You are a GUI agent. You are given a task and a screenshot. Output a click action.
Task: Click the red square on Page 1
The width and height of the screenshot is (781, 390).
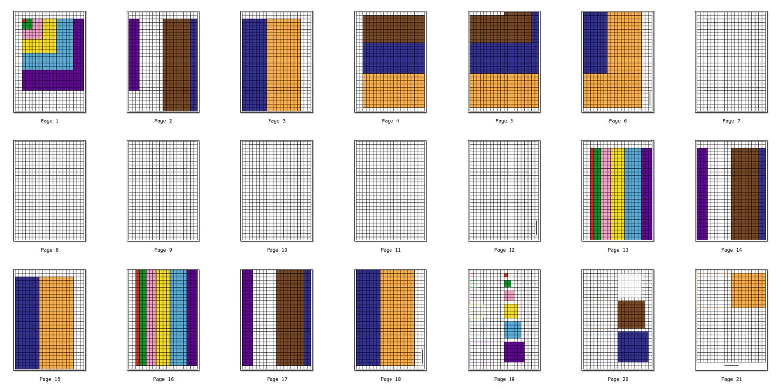click(24, 21)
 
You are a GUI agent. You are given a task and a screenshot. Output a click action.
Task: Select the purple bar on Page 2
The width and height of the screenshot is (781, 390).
click(134, 55)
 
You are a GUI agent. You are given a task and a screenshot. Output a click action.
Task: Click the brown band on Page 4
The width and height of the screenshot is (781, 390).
click(393, 29)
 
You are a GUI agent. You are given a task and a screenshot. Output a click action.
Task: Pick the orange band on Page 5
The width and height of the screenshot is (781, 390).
click(504, 90)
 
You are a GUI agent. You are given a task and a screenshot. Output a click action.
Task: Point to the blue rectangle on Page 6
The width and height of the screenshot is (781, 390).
click(595, 43)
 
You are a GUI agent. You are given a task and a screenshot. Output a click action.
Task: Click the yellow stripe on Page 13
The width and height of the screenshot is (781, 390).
click(617, 194)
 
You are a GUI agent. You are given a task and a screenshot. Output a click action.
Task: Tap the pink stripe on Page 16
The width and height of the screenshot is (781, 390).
click(151, 318)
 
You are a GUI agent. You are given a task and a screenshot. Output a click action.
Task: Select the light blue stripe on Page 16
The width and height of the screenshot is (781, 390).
click(178, 318)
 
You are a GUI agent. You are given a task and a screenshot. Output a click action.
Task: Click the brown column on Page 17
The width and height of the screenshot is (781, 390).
click(290, 318)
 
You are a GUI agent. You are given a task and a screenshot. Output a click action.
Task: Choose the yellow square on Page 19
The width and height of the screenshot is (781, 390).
click(511, 311)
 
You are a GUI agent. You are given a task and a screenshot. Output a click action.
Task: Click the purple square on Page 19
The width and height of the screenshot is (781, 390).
click(514, 352)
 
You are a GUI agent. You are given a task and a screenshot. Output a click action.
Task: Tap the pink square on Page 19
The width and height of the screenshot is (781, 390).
click(509, 296)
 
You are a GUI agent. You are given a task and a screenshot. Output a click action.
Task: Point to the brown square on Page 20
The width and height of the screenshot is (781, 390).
click(631, 315)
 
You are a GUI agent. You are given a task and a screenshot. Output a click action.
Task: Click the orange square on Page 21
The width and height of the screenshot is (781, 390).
click(748, 290)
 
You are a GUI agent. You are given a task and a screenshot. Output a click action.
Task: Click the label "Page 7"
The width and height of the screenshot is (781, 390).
click(731, 121)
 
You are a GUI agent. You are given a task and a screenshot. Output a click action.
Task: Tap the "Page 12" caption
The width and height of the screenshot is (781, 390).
click(504, 250)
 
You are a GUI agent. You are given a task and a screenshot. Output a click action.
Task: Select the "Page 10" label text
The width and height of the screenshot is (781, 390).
click(277, 250)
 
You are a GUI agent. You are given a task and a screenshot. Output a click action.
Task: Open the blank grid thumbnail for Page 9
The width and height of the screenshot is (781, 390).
click(163, 191)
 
